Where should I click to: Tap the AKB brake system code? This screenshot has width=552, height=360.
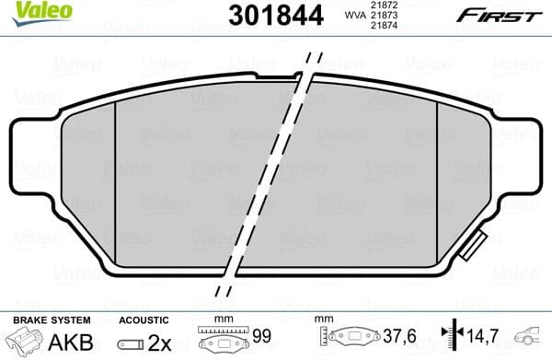pos(75,342)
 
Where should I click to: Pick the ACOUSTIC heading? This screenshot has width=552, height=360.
pos(143,320)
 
